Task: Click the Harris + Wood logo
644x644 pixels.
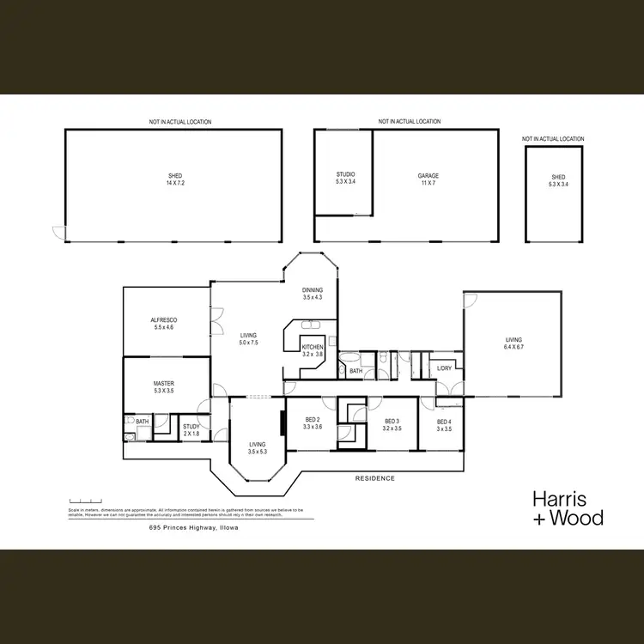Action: click(568, 507)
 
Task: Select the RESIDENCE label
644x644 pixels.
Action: click(374, 478)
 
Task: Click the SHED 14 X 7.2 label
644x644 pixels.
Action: click(175, 179)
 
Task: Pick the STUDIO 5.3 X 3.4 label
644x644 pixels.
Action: click(344, 179)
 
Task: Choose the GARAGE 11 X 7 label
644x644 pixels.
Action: click(428, 179)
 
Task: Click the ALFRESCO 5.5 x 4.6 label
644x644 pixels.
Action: click(163, 324)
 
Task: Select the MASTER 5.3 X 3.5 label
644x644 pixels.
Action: click(163, 387)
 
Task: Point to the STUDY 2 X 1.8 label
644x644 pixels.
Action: click(191, 429)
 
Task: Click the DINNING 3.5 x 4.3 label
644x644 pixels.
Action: click(312, 294)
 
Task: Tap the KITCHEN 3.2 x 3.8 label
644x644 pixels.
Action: click(312, 349)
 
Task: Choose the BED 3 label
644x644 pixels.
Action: click(392, 424)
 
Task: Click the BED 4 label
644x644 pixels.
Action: click(444, 424)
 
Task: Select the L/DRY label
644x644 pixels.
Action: click(444, 368)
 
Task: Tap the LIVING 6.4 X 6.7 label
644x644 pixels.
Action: click(513, 343)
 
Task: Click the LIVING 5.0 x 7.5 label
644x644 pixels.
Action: click(249, 338)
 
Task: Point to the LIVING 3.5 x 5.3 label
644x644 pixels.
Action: click(258, 447)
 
